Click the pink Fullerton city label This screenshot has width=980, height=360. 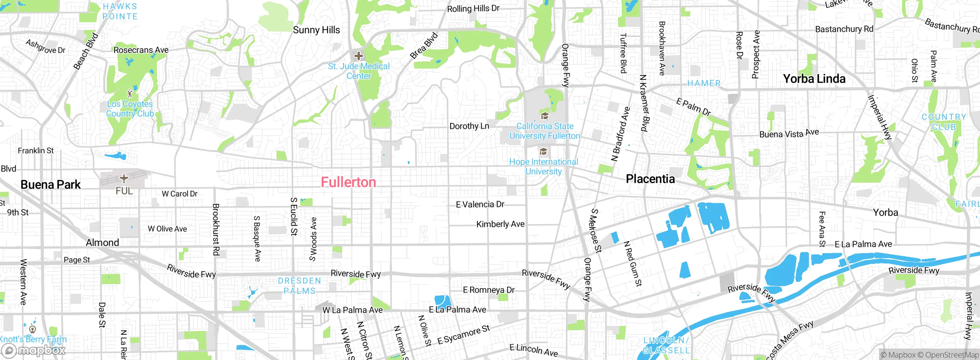348,182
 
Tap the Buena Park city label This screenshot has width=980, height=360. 51,185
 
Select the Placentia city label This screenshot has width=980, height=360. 650,179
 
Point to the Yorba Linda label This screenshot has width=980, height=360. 814,79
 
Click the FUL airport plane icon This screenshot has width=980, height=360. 124,178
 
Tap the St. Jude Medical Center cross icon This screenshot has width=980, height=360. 359,56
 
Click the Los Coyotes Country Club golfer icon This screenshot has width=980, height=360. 130,93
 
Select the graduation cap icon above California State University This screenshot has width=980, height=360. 544,116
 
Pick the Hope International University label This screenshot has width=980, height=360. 544,167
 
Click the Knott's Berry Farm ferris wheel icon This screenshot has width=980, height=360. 33,329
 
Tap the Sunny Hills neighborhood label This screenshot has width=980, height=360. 316,30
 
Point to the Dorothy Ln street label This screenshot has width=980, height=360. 469,126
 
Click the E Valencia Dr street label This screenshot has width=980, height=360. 480,205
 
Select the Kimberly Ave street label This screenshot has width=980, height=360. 500,224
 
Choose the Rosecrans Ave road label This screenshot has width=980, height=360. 141,50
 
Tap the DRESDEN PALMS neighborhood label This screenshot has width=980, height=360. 299,286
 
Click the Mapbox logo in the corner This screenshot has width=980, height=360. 34,350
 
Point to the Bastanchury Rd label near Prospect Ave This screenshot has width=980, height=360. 844,29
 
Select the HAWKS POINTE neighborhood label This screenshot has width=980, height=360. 120,11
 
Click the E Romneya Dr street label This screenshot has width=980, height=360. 489,290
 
